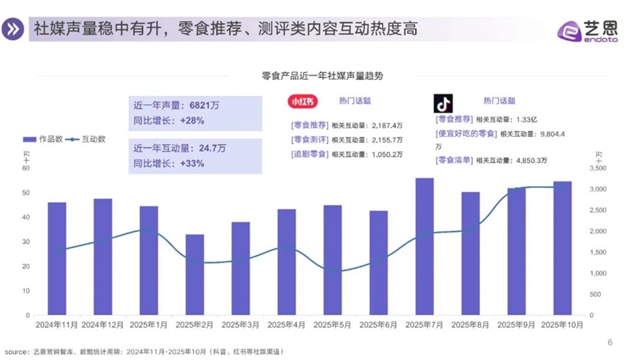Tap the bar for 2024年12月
tap(102, 257)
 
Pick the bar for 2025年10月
tap(562, 248)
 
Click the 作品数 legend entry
tap(43, 139)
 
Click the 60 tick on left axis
tap(26, 168)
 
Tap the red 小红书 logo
tap(303, 102)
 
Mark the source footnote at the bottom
tap(144, 351)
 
